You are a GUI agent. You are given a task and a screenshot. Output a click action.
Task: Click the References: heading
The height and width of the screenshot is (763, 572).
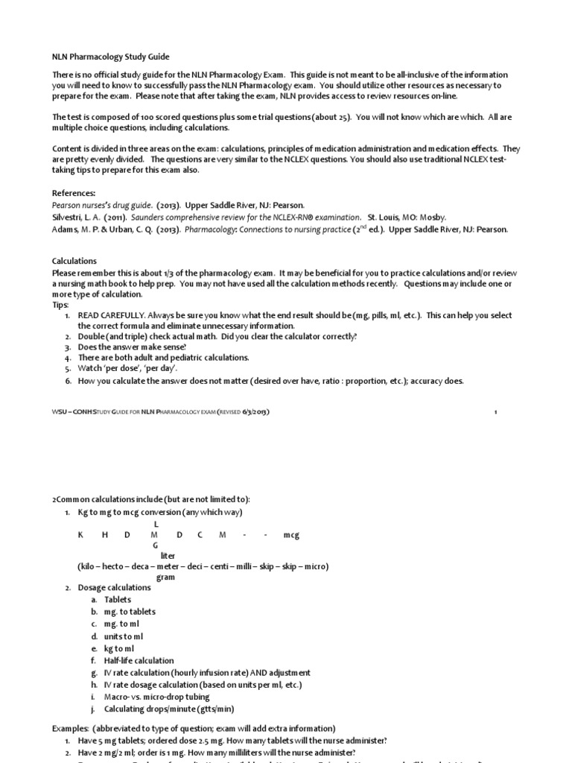(x=74, y=193)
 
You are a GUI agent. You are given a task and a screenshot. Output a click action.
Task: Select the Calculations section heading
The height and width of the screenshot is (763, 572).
(x=74, y=262)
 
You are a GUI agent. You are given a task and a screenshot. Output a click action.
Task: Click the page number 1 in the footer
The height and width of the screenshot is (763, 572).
(x=495, y=411)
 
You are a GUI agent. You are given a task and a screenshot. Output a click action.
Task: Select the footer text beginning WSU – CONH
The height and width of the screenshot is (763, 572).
(x=164, y=411)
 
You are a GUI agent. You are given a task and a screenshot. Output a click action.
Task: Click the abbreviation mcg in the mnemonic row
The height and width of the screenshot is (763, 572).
(x=290, y=535)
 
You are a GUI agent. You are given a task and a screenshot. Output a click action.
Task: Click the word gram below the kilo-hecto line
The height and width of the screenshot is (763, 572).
(x=165, y=577)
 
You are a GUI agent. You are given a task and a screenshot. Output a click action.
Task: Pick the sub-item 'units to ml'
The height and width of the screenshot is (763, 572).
(x=123, y=636)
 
